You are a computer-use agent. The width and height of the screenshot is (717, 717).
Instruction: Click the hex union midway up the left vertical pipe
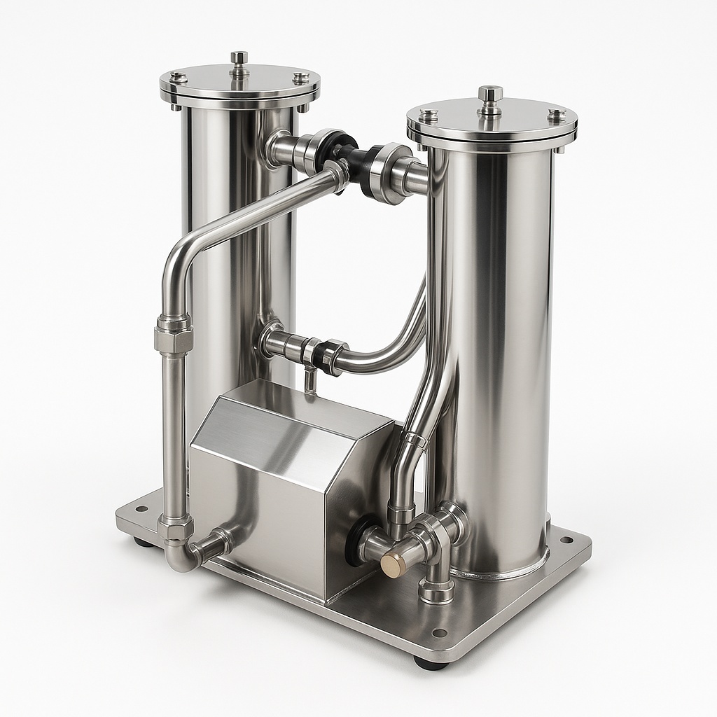pos(173,335)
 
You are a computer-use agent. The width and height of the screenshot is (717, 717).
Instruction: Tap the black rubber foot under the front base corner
pos(429,662)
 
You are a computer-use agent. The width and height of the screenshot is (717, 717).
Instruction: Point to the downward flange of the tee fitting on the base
pos(436,592)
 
